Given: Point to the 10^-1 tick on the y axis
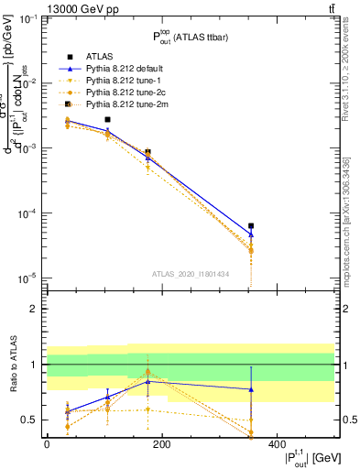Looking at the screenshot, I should [x=27, y=19].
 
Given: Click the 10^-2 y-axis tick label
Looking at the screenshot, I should [x=27, y=83].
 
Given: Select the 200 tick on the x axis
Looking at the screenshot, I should [x=161, y=443].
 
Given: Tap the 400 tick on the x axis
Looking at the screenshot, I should [x=277, y=443].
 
